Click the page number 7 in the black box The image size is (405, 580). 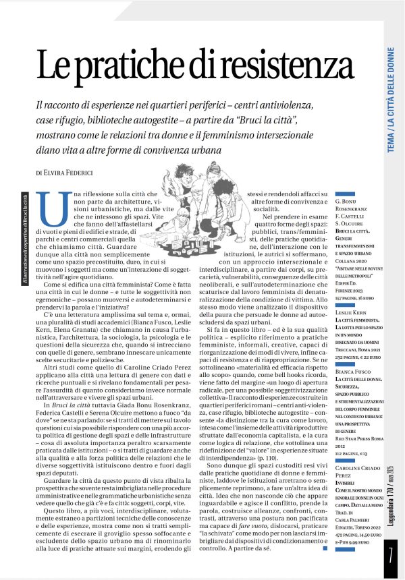391,559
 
